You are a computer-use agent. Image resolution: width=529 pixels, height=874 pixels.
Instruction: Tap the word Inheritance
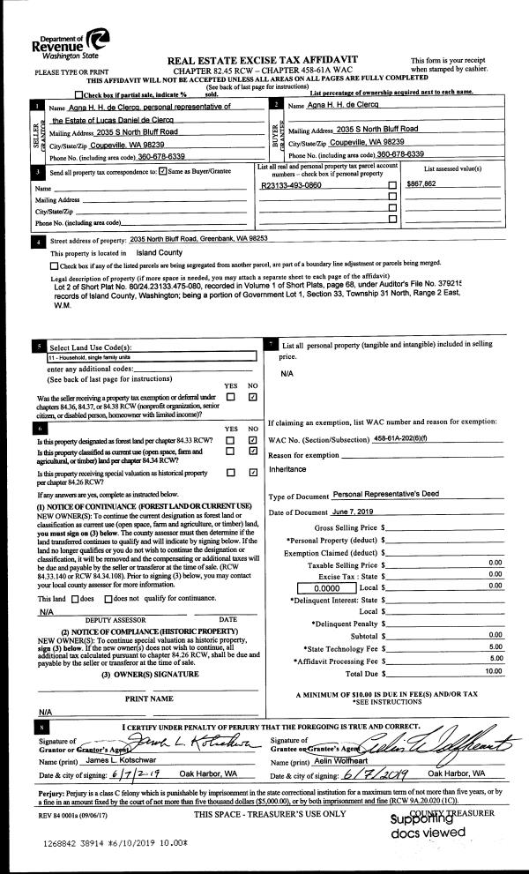288,470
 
